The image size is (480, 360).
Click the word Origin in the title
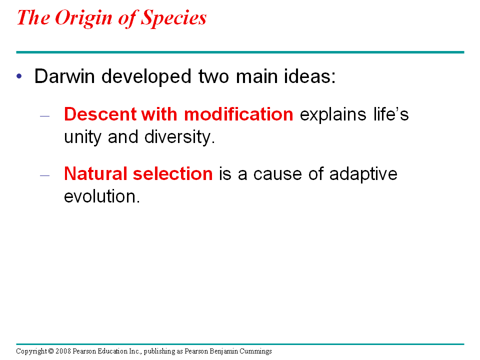coord(83,18)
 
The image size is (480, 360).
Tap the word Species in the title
coord(173,18)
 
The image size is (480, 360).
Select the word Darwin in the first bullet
coord(64,76)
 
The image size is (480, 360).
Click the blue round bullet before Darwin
coord(19,76)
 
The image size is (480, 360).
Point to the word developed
coord(146,76)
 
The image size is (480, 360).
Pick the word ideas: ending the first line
coord(310,76)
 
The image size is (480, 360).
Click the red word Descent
coord(100,114)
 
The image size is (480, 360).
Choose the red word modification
coord(238,114)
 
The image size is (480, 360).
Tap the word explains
coord(333,115)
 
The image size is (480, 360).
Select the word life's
coord(391,114)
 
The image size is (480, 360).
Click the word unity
coord(82,137)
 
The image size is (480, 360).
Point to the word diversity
coord(179,137)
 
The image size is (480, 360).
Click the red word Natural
coord(95,173)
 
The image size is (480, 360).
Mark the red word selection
coord(172,173)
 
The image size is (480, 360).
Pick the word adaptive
coord(363,174)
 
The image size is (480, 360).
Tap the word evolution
coord(102,196)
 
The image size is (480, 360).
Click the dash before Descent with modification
coord(44,116)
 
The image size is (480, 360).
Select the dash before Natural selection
coord(44,175)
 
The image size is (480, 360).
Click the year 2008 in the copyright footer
coord(63,351)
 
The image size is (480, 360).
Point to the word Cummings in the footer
coord(255,351)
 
